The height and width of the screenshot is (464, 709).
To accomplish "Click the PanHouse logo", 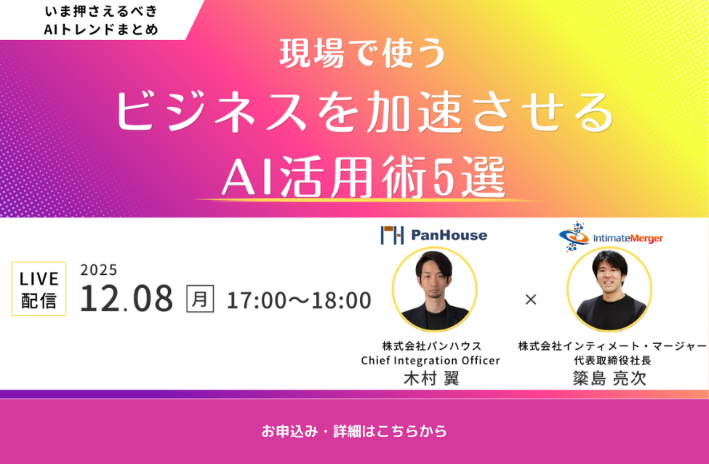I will (434, 235).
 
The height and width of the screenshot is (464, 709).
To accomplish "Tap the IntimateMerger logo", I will (611, 236).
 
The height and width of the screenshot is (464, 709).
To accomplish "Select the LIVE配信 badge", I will (39, 289).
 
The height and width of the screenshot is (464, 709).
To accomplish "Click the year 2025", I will (99, 270).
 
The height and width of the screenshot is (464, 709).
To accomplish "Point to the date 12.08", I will (127, 298).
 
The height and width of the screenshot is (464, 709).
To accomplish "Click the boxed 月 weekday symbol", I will (200, 298).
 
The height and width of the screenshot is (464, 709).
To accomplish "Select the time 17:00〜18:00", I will (299, 300).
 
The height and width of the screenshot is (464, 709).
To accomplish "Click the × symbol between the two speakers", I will (531, 299).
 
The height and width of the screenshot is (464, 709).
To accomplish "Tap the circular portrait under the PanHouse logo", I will (434, 289).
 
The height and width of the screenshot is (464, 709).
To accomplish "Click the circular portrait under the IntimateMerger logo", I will (609, 289).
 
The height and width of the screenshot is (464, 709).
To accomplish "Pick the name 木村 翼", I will (431, 378).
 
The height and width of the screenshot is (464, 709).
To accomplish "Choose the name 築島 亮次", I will (609, 378).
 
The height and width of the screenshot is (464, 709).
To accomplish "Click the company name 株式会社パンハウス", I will (432, 346).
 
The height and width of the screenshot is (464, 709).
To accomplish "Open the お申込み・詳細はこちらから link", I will (354, 431).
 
